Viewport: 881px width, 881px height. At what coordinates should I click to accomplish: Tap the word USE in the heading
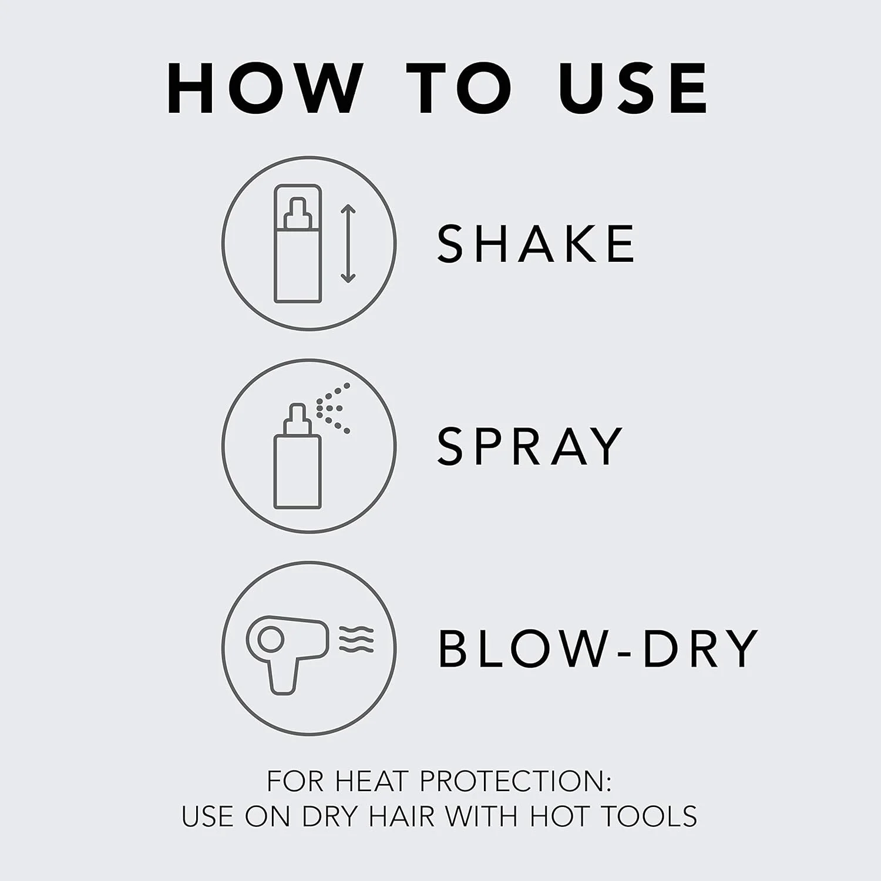(x=634, y=88)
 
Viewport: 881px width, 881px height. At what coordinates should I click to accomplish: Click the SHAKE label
(x=536, y=243)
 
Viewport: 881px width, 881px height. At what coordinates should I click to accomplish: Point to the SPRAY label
(x=530, y=446)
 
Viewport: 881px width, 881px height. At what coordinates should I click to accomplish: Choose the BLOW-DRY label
(x=598, y=648)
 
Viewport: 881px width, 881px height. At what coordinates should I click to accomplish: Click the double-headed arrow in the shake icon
(x=348, y=244)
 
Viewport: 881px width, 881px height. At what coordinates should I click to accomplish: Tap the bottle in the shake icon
(x=298, y=244)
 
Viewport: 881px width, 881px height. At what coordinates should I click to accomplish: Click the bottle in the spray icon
(x=298, y=456)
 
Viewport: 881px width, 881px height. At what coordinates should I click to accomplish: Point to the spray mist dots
(x=334, y=409)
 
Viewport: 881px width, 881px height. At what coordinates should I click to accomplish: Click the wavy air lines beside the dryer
(x=357, y=639)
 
